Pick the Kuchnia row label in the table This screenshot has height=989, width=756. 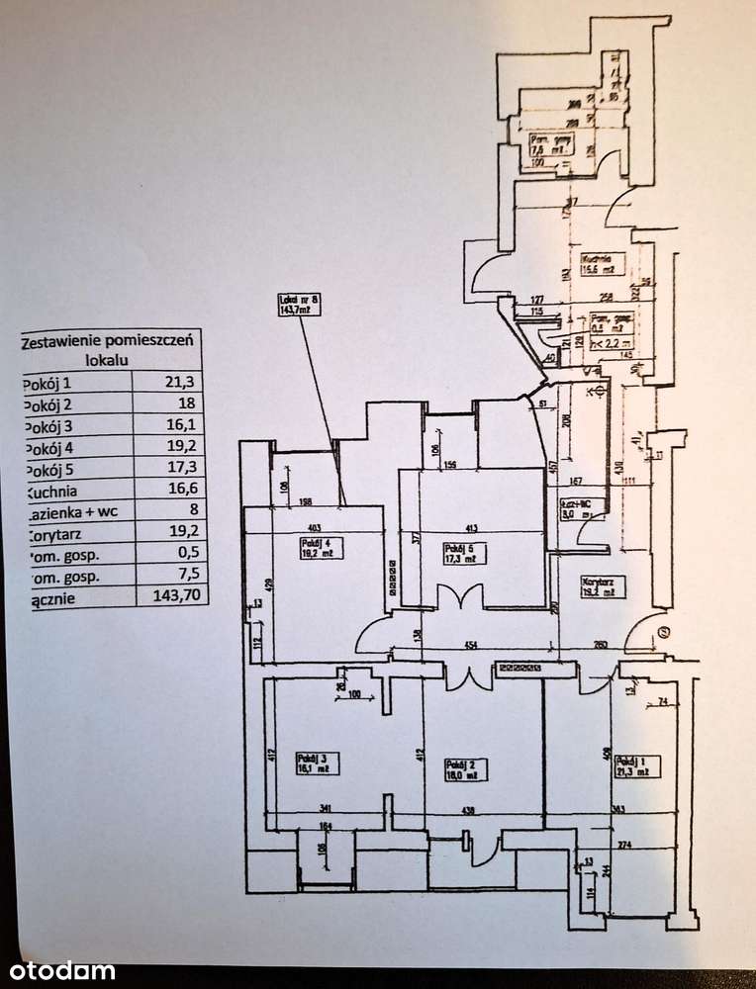click(x=50, y=490)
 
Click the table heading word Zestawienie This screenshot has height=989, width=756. click(x=66, y=341)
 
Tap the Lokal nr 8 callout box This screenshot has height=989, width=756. click(x=299, y=305)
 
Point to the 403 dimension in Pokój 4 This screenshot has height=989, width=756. click(x=313, y=500)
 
